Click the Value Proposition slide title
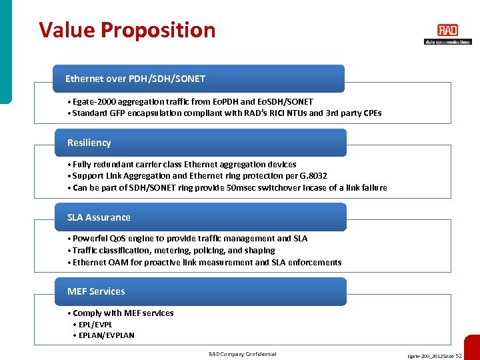click(x=127, y=30)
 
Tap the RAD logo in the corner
click(x=447, y=33)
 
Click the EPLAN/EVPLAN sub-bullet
click(x=105, y=335)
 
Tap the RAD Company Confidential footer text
click(x=242, y=354)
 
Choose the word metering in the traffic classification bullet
click(x=172, y=250)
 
